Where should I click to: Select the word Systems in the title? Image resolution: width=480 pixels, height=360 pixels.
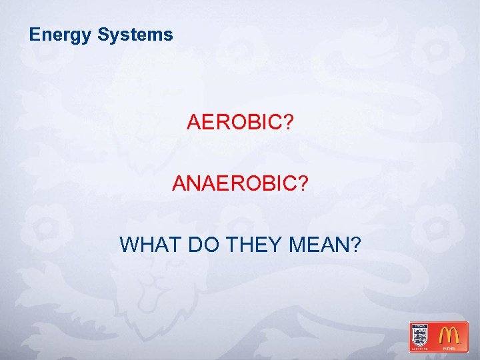pyautogui.click(x=135, y=35)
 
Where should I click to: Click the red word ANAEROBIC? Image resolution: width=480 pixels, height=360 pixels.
pyautogui.click(x=235, y=183)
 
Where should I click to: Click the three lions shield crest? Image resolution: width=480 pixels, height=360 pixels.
pyautogui.click(x=421, y=334)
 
